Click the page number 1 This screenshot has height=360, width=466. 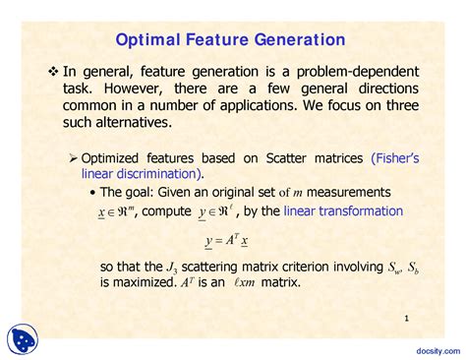point(406,318)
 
